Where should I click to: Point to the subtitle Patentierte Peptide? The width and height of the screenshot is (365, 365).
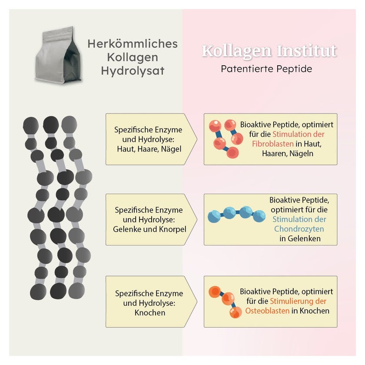266,69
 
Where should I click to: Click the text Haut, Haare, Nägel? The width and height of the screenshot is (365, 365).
149,149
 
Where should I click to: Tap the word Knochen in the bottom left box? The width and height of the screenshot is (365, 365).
149,312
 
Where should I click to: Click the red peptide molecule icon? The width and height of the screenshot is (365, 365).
225,138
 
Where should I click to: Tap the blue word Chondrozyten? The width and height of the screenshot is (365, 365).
299,229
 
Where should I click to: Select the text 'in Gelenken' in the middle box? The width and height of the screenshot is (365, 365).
300,239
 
